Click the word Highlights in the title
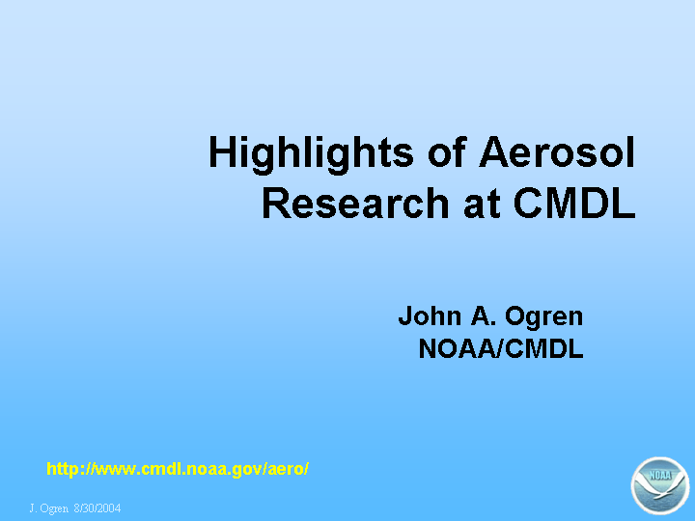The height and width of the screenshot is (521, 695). click(311, 154)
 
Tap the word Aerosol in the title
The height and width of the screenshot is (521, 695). click(557, 152)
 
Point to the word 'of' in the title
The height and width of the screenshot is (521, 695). click(447, 152)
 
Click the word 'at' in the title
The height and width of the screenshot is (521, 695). click(483, 204)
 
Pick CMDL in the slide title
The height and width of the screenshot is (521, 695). click(574, 203)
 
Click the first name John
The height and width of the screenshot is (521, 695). click(430, 316)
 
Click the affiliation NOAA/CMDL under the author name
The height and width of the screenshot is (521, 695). click(501, 348)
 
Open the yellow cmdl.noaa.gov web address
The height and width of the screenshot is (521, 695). click(178, 469)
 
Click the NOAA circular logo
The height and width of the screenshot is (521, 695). click(660, 486)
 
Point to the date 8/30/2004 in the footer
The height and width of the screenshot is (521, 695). click(97, 507)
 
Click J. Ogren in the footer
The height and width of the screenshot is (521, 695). click(49, 508)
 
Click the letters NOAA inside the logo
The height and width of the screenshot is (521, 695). click(660, 476)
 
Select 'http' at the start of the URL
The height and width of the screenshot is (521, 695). click(62, 469)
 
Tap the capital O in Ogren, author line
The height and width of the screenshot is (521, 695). click(515, 315)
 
